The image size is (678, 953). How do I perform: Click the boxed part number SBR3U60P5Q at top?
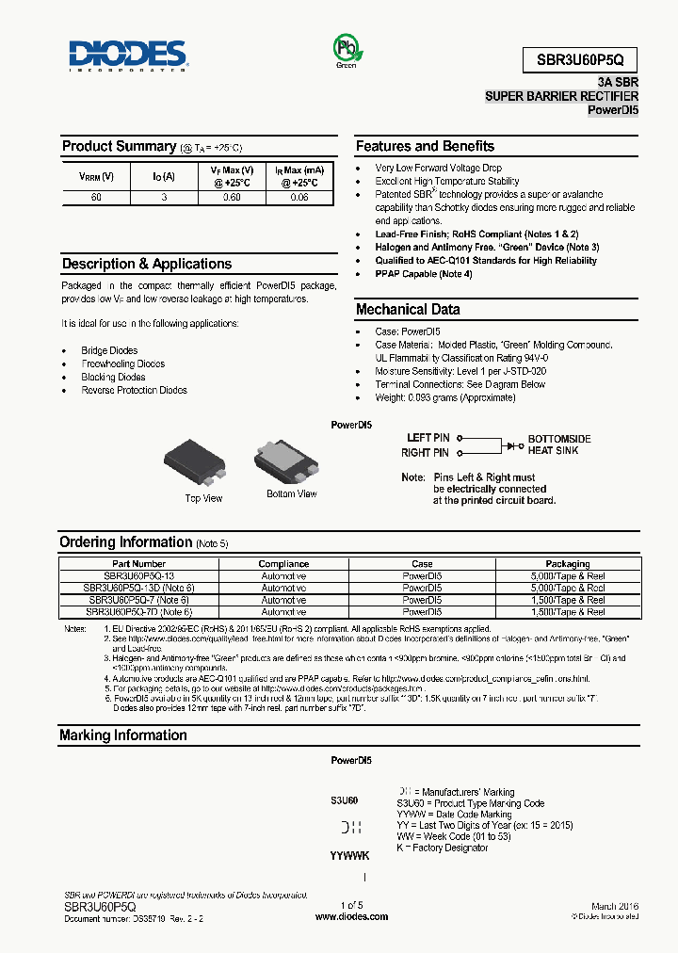(x=581, y=58)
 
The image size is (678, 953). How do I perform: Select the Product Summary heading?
(x=119, y=146)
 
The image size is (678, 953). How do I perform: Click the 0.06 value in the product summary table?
(x=299, y=198)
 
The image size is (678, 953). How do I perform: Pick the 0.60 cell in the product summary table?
(x=232, y=198)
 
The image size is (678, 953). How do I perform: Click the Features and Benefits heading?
(x=425, y=146)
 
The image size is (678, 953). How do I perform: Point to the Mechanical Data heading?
(x=408, y=309)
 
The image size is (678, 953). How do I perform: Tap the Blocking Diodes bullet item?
(x=113, y=377)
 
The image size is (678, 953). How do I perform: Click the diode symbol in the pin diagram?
(x=512, y=444)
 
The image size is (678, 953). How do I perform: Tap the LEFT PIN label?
(x=428, y=438)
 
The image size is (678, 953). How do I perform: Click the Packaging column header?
(x=568, y=564)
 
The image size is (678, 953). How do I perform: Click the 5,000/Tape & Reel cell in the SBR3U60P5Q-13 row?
(x=568, y=575)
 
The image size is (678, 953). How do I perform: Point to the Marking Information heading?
(x=122, y=735)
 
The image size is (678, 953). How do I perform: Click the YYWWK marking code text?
(x=349, y=856)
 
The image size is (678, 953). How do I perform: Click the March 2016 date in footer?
(x=616, y=905)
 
